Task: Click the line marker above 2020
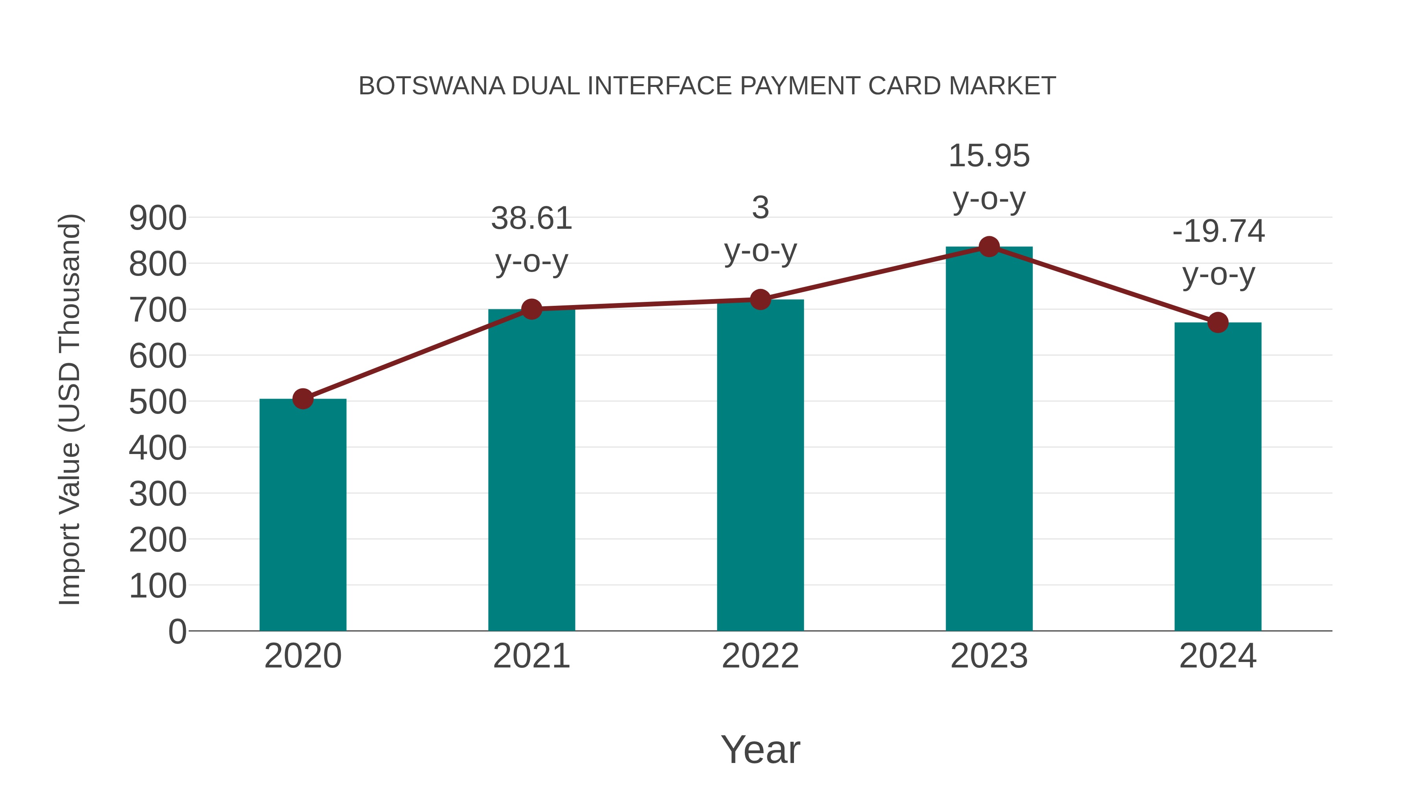[x=303, y=399]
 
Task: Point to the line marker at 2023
[x=989, y=246]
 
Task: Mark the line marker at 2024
[x=1218, y=322]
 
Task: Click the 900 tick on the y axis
[x=158, y=218]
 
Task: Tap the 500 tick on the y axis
[x=158, y=402]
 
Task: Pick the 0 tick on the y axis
[x=177, y=632]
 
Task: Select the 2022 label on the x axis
[x=760, y=656]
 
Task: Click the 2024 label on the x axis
[x=1218, y=656]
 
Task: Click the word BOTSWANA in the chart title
[x=432, y=86]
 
